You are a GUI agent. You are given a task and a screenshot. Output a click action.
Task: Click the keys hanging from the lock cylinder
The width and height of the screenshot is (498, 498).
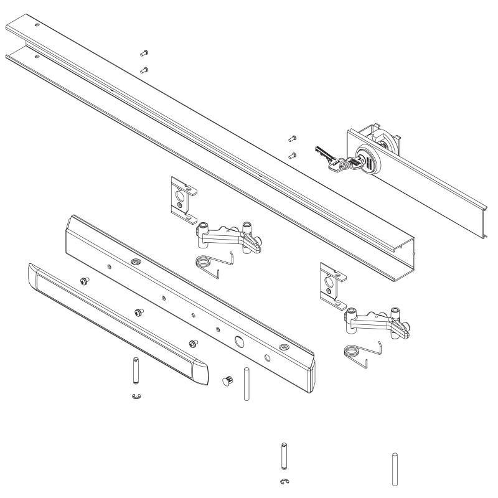333,159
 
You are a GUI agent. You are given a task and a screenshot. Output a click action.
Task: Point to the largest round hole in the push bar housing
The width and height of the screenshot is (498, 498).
239,342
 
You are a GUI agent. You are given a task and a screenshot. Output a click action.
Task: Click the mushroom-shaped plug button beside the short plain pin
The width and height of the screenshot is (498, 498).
227,380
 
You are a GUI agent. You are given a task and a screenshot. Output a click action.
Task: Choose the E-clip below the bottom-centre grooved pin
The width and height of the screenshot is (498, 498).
284,481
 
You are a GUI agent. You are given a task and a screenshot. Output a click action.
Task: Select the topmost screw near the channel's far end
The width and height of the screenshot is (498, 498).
144,53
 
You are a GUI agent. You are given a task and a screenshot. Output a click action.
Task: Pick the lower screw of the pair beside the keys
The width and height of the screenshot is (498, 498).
291,154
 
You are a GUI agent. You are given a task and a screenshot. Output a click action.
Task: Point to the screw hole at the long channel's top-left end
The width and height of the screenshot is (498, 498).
37,25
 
